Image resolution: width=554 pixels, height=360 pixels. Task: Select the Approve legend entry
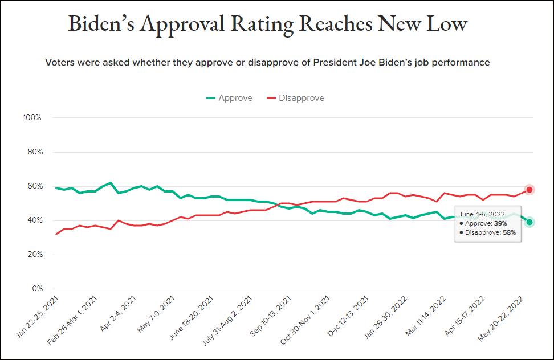[x=229, y=98]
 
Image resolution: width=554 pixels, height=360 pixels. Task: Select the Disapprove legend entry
[x=295, y=98]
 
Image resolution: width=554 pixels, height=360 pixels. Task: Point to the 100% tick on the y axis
[x=32, y=118]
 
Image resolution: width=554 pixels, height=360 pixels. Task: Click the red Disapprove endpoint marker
[x=529, y=190]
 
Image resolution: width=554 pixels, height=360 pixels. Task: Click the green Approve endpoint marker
[x=529, y=222]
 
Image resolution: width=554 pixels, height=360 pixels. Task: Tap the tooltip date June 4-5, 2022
[x=482, y=214]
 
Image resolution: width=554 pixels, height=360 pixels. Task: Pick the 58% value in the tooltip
[x=509, y=232]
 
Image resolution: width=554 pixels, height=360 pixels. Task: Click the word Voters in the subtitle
[x=59, y=62]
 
